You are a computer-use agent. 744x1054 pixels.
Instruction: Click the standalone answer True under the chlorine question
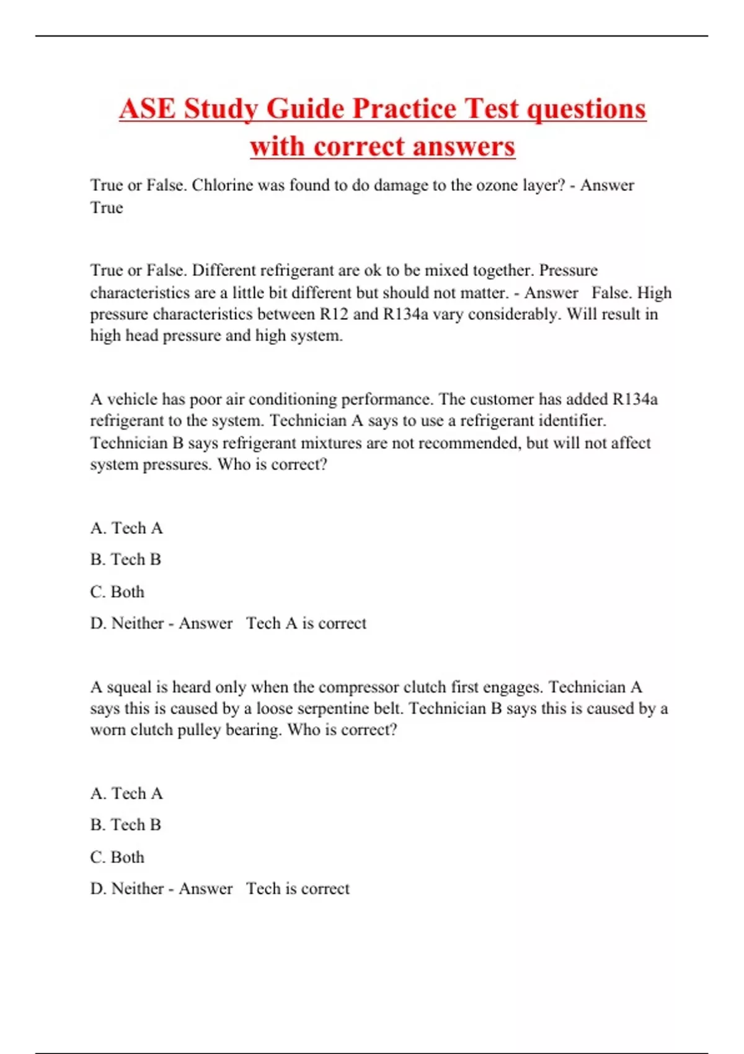[107, 208]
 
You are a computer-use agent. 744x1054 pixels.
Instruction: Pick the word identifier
[570, 421]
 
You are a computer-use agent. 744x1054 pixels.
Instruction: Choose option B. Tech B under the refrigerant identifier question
[126, 559]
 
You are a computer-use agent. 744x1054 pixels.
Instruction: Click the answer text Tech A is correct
[306, 623]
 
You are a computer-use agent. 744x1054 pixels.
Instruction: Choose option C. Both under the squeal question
[117, 857]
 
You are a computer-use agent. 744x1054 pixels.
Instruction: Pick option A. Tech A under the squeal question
[126, 794]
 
